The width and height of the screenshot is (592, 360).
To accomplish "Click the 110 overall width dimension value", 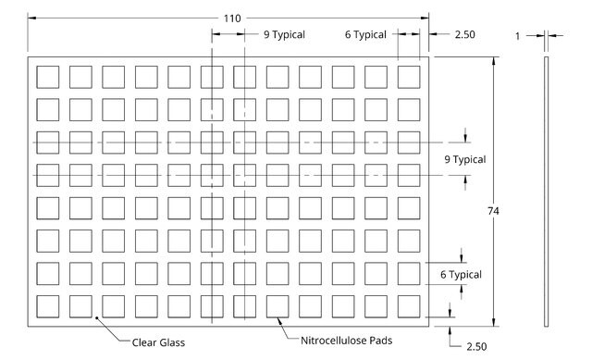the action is click(x=232, y=19).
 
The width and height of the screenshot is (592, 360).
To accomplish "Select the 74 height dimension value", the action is click(x=493, y=211).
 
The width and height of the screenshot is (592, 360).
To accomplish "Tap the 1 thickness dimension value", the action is click(x=518, y=36).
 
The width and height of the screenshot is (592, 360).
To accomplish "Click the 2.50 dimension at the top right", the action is click(x=464, y=34).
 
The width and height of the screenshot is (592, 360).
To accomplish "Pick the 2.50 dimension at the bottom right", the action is click(x=476, y=346).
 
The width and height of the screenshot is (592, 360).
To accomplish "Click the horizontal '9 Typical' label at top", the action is click(x=284, y=35).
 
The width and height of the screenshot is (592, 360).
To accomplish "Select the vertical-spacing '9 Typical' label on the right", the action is click(x=465, y=159).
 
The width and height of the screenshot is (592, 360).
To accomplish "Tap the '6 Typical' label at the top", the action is click(x=365, y=35).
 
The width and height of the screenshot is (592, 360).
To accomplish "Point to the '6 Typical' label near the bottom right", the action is click(x=461, y=275).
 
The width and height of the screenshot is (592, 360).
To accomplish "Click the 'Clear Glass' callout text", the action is click(x=158, y=342).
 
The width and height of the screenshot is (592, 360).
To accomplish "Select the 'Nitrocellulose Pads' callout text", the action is click(x=347, y=341).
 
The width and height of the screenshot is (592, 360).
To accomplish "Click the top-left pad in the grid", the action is click(x=47, y=77).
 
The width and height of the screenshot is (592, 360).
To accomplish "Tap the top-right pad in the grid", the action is click(x=409, y=77).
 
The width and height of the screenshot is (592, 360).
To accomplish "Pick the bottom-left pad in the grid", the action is click(x=47, y=306).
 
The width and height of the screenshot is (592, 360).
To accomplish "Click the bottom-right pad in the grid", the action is click(x=409, y=306).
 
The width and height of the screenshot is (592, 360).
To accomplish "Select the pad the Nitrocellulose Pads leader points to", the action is click(x=277, y=306).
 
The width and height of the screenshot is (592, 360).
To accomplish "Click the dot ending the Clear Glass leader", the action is click(x=96, y=318).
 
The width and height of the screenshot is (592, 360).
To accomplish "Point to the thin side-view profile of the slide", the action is click(x=546, y=192).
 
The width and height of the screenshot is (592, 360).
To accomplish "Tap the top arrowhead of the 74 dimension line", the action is click(x=493, y=61).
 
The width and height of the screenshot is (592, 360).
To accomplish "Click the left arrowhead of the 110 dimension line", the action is click(x=31, y=18).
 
